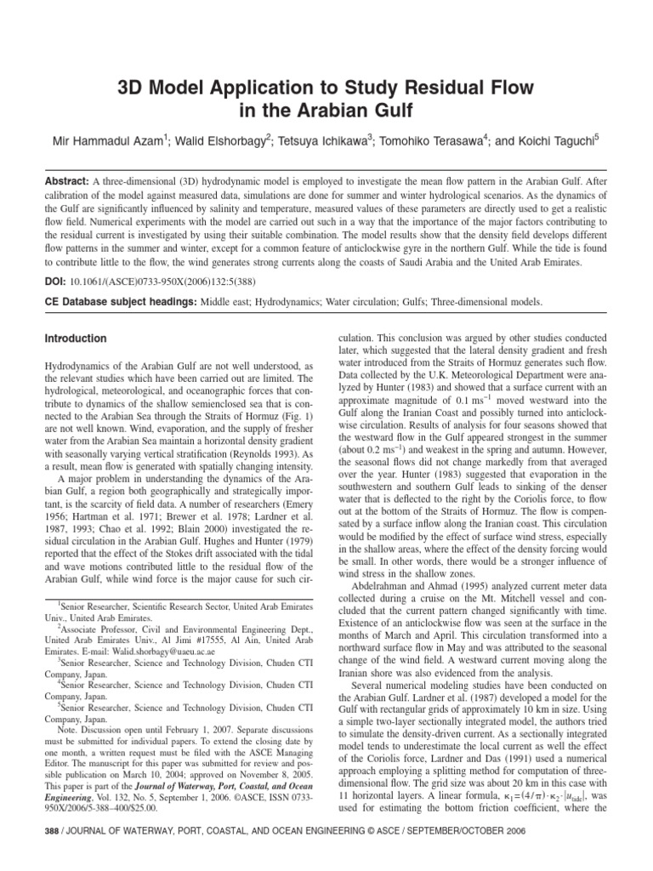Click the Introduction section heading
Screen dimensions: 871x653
point(76,339)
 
